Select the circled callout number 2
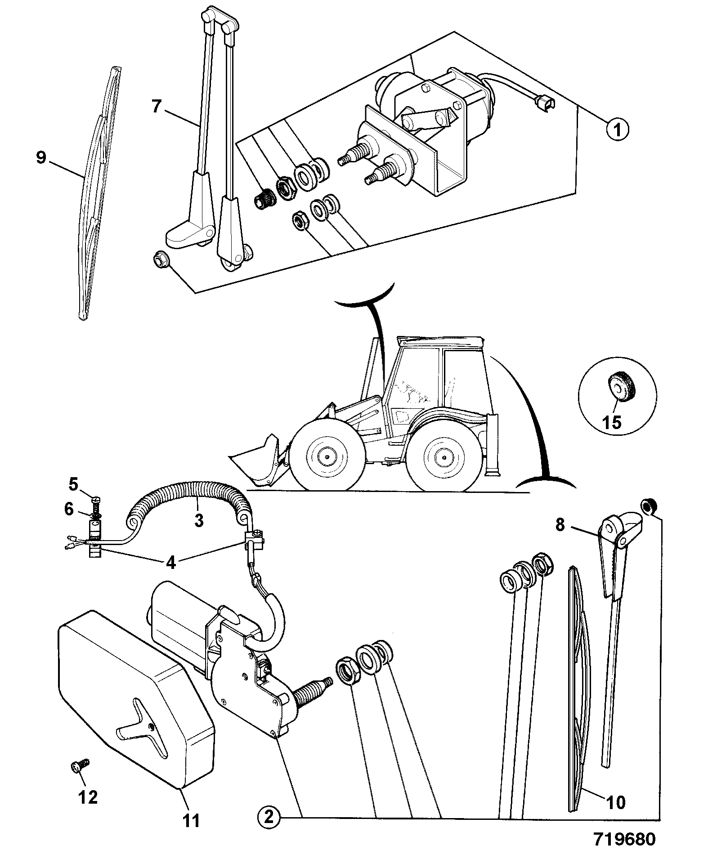[x=268, y=817]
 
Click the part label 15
[x=613, y=422]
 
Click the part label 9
[x=41, y=158]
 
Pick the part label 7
[x=156, y=107]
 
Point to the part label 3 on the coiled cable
[x=198, y=520]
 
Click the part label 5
[x=73, y=485]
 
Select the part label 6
[x=69, y=509]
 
